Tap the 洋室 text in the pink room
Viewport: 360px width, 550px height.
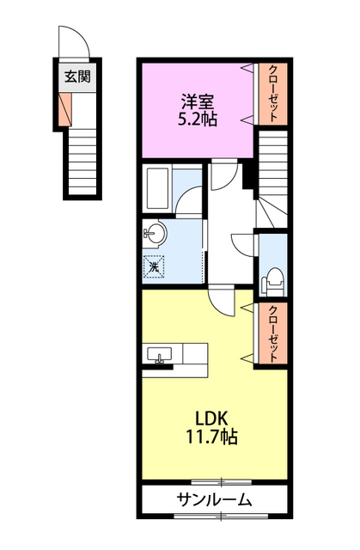(197, 100)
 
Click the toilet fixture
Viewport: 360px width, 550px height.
(274, 277)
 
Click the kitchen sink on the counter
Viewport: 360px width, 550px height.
(161, 355)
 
